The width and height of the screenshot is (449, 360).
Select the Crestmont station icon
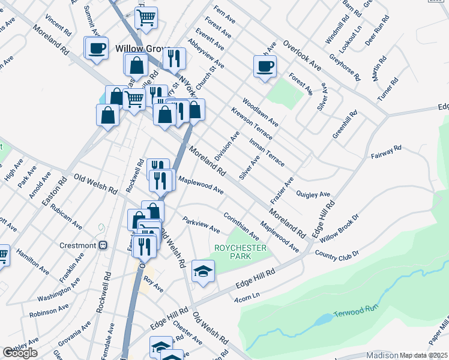(x=103, y=245)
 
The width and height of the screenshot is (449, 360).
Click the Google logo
(x=20, y=353)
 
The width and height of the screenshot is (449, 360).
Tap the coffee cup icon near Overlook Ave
(x=264, y=66)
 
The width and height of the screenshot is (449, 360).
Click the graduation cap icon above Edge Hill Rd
(x=203, y=271)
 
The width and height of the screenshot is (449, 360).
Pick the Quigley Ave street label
(x=313, y=194)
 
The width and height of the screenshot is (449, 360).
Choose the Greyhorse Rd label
(x=345, y=68)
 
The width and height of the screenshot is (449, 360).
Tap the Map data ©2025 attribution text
(x=423, y=355)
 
